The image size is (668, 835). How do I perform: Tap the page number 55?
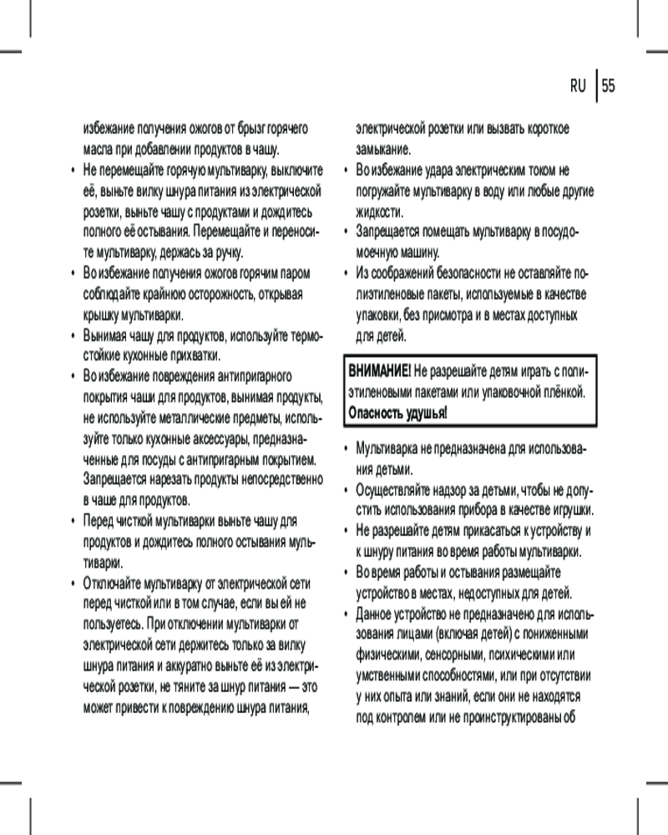(x=609, y=86)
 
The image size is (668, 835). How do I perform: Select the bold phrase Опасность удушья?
(x=397, y=412)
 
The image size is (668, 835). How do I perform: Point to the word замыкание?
(x=382, y=150)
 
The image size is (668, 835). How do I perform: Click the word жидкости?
(x=379, y=211)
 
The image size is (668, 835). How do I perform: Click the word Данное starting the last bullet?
(x=374, y=614)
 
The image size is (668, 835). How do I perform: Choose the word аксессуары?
(x=220, y=438)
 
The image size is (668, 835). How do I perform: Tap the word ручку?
(x=227, y=251)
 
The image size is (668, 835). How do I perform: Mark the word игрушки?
(x=572, y=509)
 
